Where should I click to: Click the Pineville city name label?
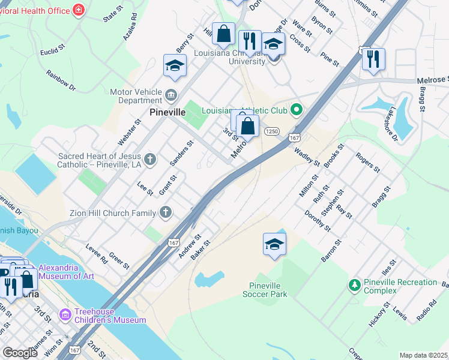click(167, 113)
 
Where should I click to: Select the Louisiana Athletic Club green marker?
click(295, 110)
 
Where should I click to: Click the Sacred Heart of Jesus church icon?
click(150, 160)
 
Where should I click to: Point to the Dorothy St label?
click(317, 221)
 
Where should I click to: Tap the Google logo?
click(20, 353)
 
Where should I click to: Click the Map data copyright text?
click(424, 355)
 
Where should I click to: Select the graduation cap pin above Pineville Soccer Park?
click(274, 244)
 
